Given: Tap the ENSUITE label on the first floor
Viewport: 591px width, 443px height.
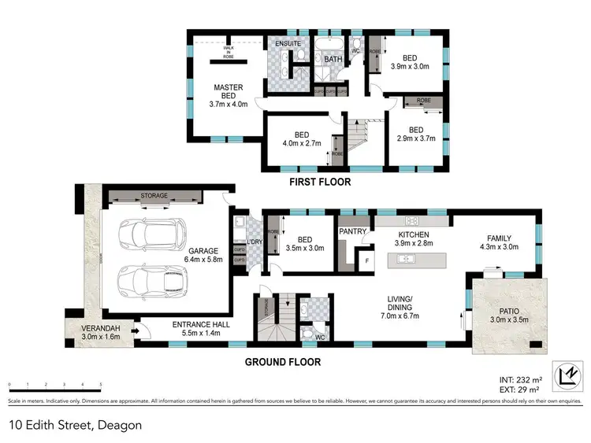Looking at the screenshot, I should (x=287, y=43).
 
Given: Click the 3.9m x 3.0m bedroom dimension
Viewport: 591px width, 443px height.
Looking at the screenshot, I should (x=410, y=66).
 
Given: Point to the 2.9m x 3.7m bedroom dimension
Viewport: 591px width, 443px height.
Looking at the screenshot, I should (x=415, y=138).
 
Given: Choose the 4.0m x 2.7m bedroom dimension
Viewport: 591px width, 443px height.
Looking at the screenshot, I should (x=300, y=144).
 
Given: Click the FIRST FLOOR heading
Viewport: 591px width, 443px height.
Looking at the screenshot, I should (x=319, y=182).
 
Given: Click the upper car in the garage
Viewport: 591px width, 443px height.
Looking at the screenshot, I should (x=152, y=234).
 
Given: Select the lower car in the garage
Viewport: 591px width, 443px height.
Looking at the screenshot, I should (x=153, y=279).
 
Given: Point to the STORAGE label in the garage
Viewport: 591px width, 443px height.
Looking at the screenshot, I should (x=154, y=196).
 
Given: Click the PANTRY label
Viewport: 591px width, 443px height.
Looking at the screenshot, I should (x=350, y=232).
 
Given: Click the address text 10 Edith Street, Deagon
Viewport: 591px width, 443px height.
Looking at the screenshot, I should (x=76, y=425).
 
